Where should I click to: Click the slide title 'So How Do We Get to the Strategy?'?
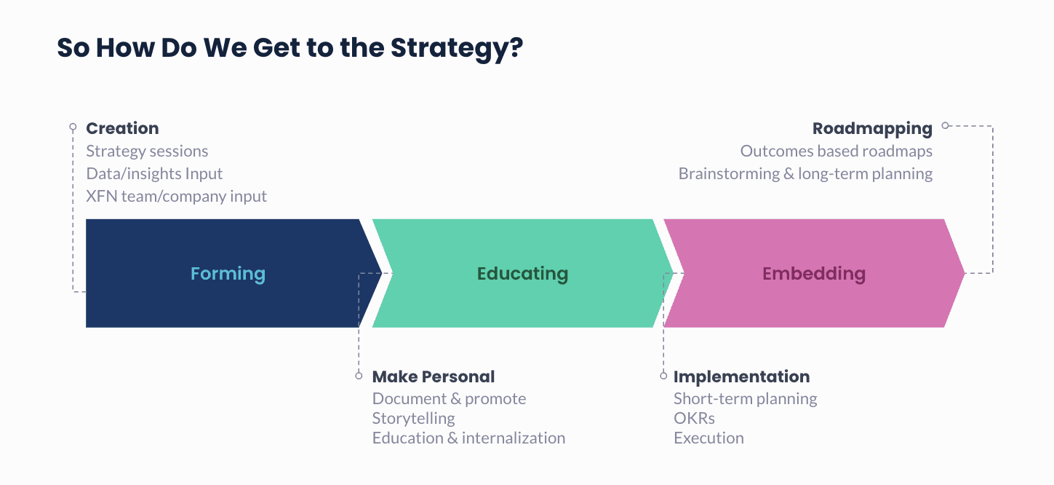[290, 48]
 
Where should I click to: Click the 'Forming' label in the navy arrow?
[228, 274]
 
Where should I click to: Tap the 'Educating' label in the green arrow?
[522, 274]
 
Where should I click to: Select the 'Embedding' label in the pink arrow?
[813, 274]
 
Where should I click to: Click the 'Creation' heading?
[122, 129]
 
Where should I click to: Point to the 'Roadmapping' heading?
[872, 129]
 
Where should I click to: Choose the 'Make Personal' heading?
[434, 377]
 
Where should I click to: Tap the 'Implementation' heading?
[741, 377]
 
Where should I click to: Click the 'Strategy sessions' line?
[147, 151]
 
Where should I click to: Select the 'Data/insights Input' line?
[154, 174]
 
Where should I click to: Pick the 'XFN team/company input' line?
[176, 197]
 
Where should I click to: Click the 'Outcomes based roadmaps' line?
[836, 151]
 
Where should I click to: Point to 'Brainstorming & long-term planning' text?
[805, 174]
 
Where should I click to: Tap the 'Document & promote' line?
[449, 399]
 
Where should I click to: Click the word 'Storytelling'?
[413, 419]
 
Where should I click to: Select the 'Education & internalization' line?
[468, 438]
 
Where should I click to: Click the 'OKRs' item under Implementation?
[694, 419]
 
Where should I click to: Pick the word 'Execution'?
[708, 438]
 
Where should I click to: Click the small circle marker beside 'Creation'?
[73, 127]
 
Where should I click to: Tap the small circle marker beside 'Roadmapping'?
[946, 125]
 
